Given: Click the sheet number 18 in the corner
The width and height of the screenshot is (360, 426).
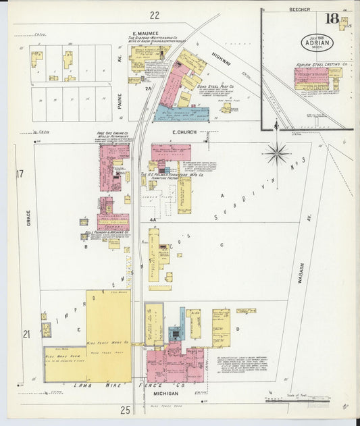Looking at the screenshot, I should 332,18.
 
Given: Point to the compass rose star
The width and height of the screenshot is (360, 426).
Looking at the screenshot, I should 276,154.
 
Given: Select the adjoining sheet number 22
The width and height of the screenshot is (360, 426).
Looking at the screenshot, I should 155,15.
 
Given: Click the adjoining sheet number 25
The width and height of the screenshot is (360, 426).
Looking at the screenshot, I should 125,409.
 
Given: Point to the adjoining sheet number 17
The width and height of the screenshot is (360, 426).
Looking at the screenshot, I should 20,174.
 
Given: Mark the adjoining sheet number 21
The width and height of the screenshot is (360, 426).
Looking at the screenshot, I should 26,334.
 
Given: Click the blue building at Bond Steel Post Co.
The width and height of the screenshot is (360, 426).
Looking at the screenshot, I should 180,114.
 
